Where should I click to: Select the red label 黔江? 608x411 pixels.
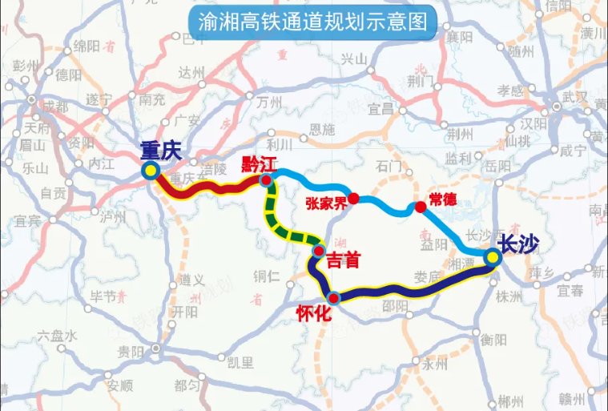258,165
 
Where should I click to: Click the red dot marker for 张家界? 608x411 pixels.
353,197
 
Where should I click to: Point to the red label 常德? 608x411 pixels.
442,199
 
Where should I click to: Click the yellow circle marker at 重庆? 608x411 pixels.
149,170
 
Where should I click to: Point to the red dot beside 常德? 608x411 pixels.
420,207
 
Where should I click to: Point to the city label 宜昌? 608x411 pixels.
381,107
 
